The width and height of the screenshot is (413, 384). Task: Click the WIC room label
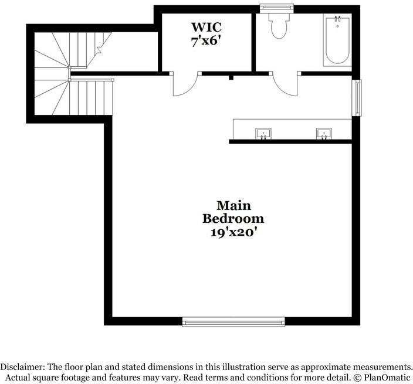coord(206,27)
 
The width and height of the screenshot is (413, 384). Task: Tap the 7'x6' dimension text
coord(206,41)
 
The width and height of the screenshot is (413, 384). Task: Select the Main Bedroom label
coord(233,212)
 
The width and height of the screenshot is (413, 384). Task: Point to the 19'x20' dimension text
coord(233,232)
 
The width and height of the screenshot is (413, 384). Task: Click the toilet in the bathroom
coord(279,26)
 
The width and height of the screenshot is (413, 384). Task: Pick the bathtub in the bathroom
coord(337,40)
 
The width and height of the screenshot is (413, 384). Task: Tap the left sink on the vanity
coord(263,134)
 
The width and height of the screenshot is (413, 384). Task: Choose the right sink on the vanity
coord(324,134)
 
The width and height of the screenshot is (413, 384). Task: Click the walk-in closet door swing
coord(185,84)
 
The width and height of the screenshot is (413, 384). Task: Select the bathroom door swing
coord(286,84)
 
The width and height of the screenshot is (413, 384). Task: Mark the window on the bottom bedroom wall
coord(233,322)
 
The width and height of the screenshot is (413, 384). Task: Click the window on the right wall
coord(357,98)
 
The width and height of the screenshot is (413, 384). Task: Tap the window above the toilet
coord(277,8)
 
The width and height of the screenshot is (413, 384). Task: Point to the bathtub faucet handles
coord(337,19)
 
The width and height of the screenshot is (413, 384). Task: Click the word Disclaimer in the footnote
coord(22,367)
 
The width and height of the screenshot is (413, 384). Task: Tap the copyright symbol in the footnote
coord(357,378)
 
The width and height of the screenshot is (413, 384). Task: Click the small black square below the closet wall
coord(231,77)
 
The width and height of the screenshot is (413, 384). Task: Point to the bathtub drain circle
coord(337,26)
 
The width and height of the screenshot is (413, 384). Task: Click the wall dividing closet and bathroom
coord(253,42)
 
